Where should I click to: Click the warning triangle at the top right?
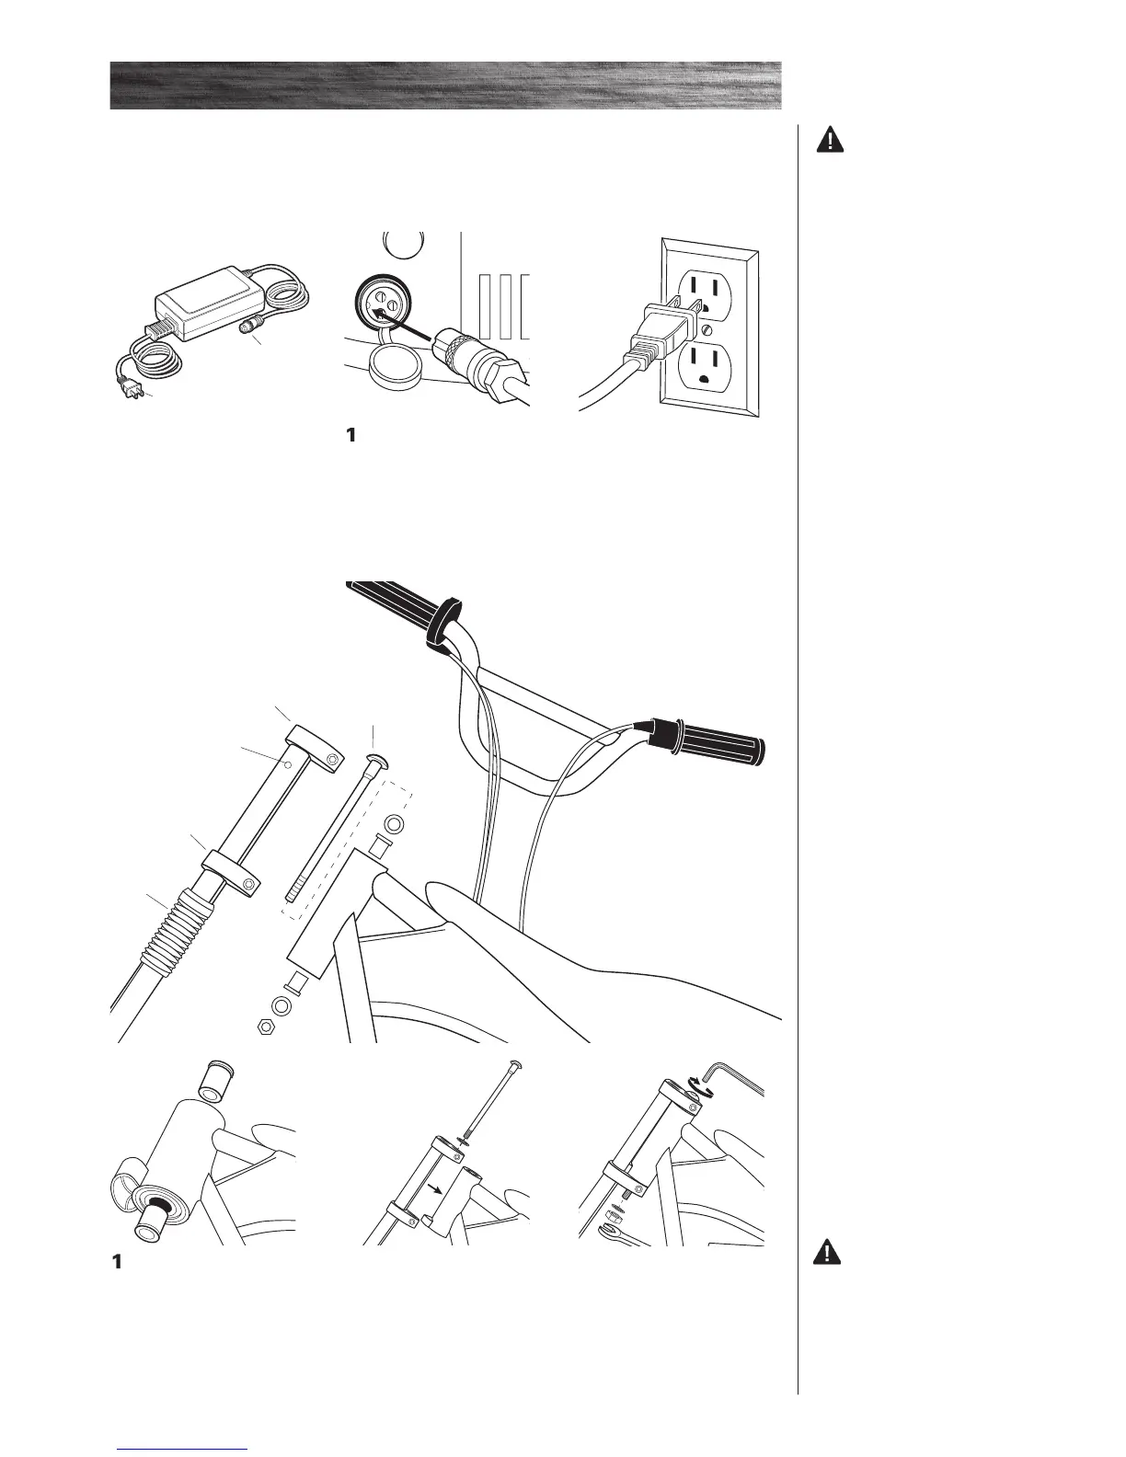831,141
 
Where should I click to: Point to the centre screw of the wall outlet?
706,328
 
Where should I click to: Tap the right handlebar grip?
718,740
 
